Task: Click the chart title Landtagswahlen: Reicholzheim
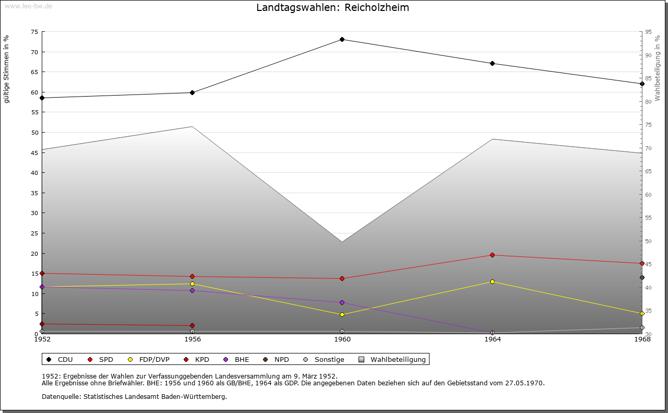point(332,8)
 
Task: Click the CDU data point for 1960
point(342,40)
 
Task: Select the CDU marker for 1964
point(492,64)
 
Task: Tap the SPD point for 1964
point(492,255)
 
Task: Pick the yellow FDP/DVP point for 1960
point(342,314)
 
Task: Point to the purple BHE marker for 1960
point(342,303)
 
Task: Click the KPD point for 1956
point(193,326)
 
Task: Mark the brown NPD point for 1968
point(642,278)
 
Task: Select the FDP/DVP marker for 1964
point(492,282)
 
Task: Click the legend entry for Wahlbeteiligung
point(398,360)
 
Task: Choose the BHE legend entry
point(241,360)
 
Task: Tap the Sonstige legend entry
point(329,360)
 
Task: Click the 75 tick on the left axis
point(34,32)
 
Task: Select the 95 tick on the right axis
point(648,32)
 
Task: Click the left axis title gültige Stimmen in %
point(7,69)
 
